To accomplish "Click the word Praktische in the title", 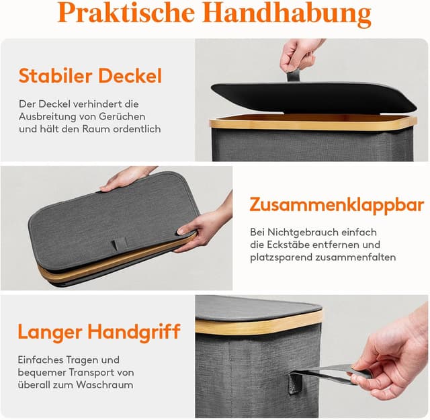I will tap(127, 14).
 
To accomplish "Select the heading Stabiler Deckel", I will tap(90, 75).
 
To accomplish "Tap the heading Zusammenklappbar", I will tap(337, 204).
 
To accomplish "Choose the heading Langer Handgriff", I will tap(99, 331).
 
